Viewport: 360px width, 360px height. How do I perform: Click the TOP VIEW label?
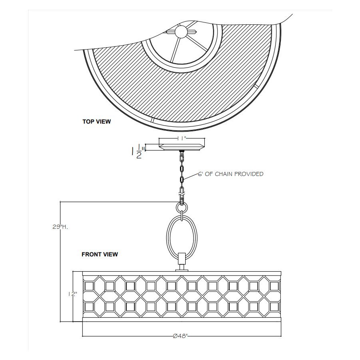tap(97, 122)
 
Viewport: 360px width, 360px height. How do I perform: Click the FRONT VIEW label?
tap(100, 254)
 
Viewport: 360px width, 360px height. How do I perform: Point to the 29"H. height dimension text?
tap(60, 227)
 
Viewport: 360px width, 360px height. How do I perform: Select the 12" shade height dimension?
tap(72, 294)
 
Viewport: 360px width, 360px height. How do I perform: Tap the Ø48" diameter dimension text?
tap(180, 336)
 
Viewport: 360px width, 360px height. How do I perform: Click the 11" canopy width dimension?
tap(182, 138)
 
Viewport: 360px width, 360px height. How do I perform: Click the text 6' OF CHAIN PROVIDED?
tap(231, 174)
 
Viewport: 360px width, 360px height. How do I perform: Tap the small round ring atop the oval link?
tap(182, 208)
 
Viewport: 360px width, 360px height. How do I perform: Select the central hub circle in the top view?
tap(182, 32)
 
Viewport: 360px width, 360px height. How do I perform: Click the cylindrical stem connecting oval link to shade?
tap(182, 261)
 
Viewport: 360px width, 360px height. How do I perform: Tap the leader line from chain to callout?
tap(190, 177)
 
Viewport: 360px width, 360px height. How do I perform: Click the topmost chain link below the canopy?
tap(182, 156)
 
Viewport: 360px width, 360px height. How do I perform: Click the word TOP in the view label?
tap(88, 122)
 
